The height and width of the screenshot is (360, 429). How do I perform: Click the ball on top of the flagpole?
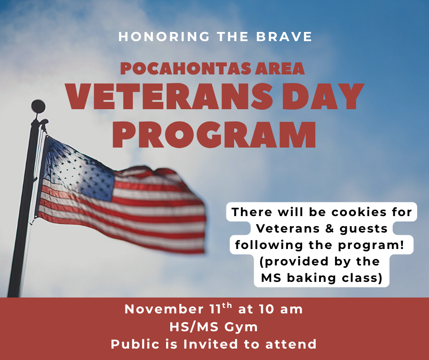[38, 106]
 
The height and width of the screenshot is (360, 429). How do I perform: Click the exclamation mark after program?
[402, 244]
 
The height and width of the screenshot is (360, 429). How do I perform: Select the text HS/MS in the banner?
[189, 327]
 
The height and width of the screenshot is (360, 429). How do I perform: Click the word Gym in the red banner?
[241, 327]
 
